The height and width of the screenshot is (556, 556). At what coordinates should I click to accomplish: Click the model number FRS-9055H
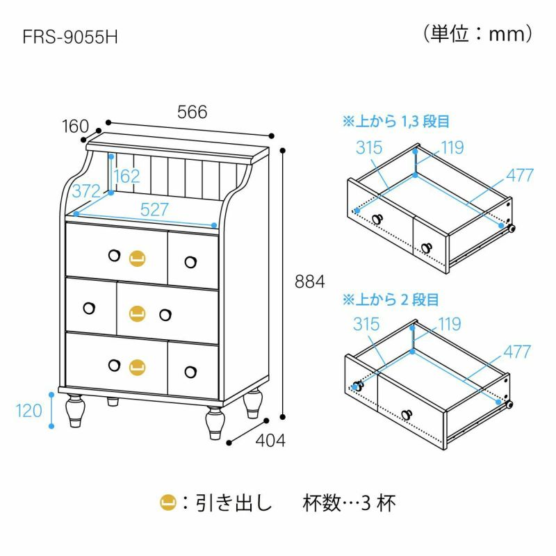pyautogui.click(x=70, y=37)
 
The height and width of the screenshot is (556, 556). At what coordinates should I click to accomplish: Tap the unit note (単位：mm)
pyautogui.click(x=477, y=34)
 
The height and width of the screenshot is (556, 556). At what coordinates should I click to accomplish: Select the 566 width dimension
pyautogui.click(x=193, y=112)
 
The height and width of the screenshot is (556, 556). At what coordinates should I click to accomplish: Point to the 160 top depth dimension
pyautogui.click(x=75, y=126)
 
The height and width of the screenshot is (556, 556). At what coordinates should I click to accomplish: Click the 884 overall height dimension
pyautogui.click(x=309, y=282)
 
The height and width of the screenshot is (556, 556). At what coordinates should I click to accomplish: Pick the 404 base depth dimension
pyautogui.click(x=270, y=441)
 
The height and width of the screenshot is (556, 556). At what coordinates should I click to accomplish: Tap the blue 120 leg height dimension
pyautogui.click(x=28, y=411)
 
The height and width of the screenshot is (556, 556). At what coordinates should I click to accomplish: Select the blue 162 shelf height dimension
pyautogui.click(x=126, y=177)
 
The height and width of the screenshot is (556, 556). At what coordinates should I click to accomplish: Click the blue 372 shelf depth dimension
pyautogui.click(x=86, y=192)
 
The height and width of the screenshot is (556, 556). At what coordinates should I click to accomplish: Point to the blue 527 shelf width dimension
pyautogui.click(x=154, y=210)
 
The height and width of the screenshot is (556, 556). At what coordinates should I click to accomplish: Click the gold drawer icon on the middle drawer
pyautogui.click(x=137, y=313)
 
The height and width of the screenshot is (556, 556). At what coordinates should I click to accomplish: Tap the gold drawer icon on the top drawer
pyautogui.click(x=137, y=258)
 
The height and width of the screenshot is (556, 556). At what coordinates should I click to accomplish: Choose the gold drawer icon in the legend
pyautogui.click(x=168, y=502)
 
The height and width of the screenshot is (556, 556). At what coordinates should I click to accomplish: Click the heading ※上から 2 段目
pyautogui.click(x=391, y=300)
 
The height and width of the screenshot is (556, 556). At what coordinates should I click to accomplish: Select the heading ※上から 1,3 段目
pyautogui.click(x=395, y=121)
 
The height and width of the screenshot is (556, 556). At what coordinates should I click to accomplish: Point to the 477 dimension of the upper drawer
pyautogui.click(x=519, y=175)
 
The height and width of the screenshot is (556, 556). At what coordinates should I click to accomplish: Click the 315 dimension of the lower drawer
pyautogui.click(x=366, y=324)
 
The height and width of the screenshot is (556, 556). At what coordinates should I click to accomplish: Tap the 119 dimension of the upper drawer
pyautogui.click(x=452, y=148)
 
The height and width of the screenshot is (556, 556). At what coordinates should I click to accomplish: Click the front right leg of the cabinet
pyautogui.click(x=215, y=424)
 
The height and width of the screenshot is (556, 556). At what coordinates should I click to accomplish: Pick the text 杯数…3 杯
pyautogui.click(x=349, y=502)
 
